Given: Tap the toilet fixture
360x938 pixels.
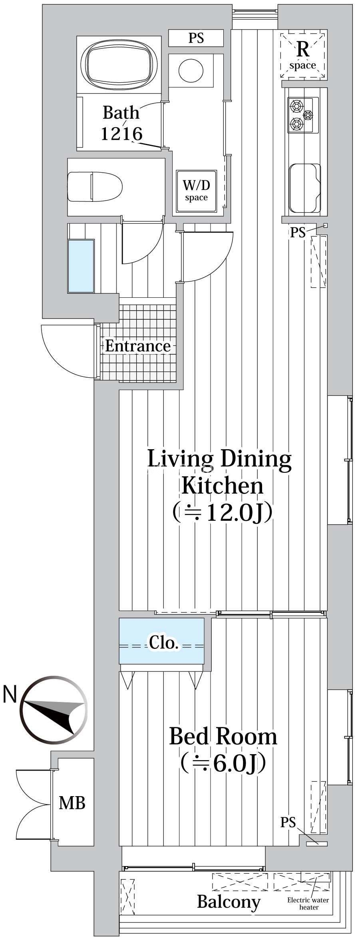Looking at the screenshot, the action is point(95,187).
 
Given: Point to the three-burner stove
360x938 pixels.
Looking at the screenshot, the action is point(303,115).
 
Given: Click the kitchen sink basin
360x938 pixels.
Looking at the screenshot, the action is point(305,188).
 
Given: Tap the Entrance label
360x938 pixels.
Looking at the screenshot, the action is point(137,346).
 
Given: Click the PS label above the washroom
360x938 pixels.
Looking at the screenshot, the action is point(196,38).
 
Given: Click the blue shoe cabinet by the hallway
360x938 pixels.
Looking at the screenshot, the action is point(81,266).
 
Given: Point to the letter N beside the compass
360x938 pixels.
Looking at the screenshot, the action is point(10,694).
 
